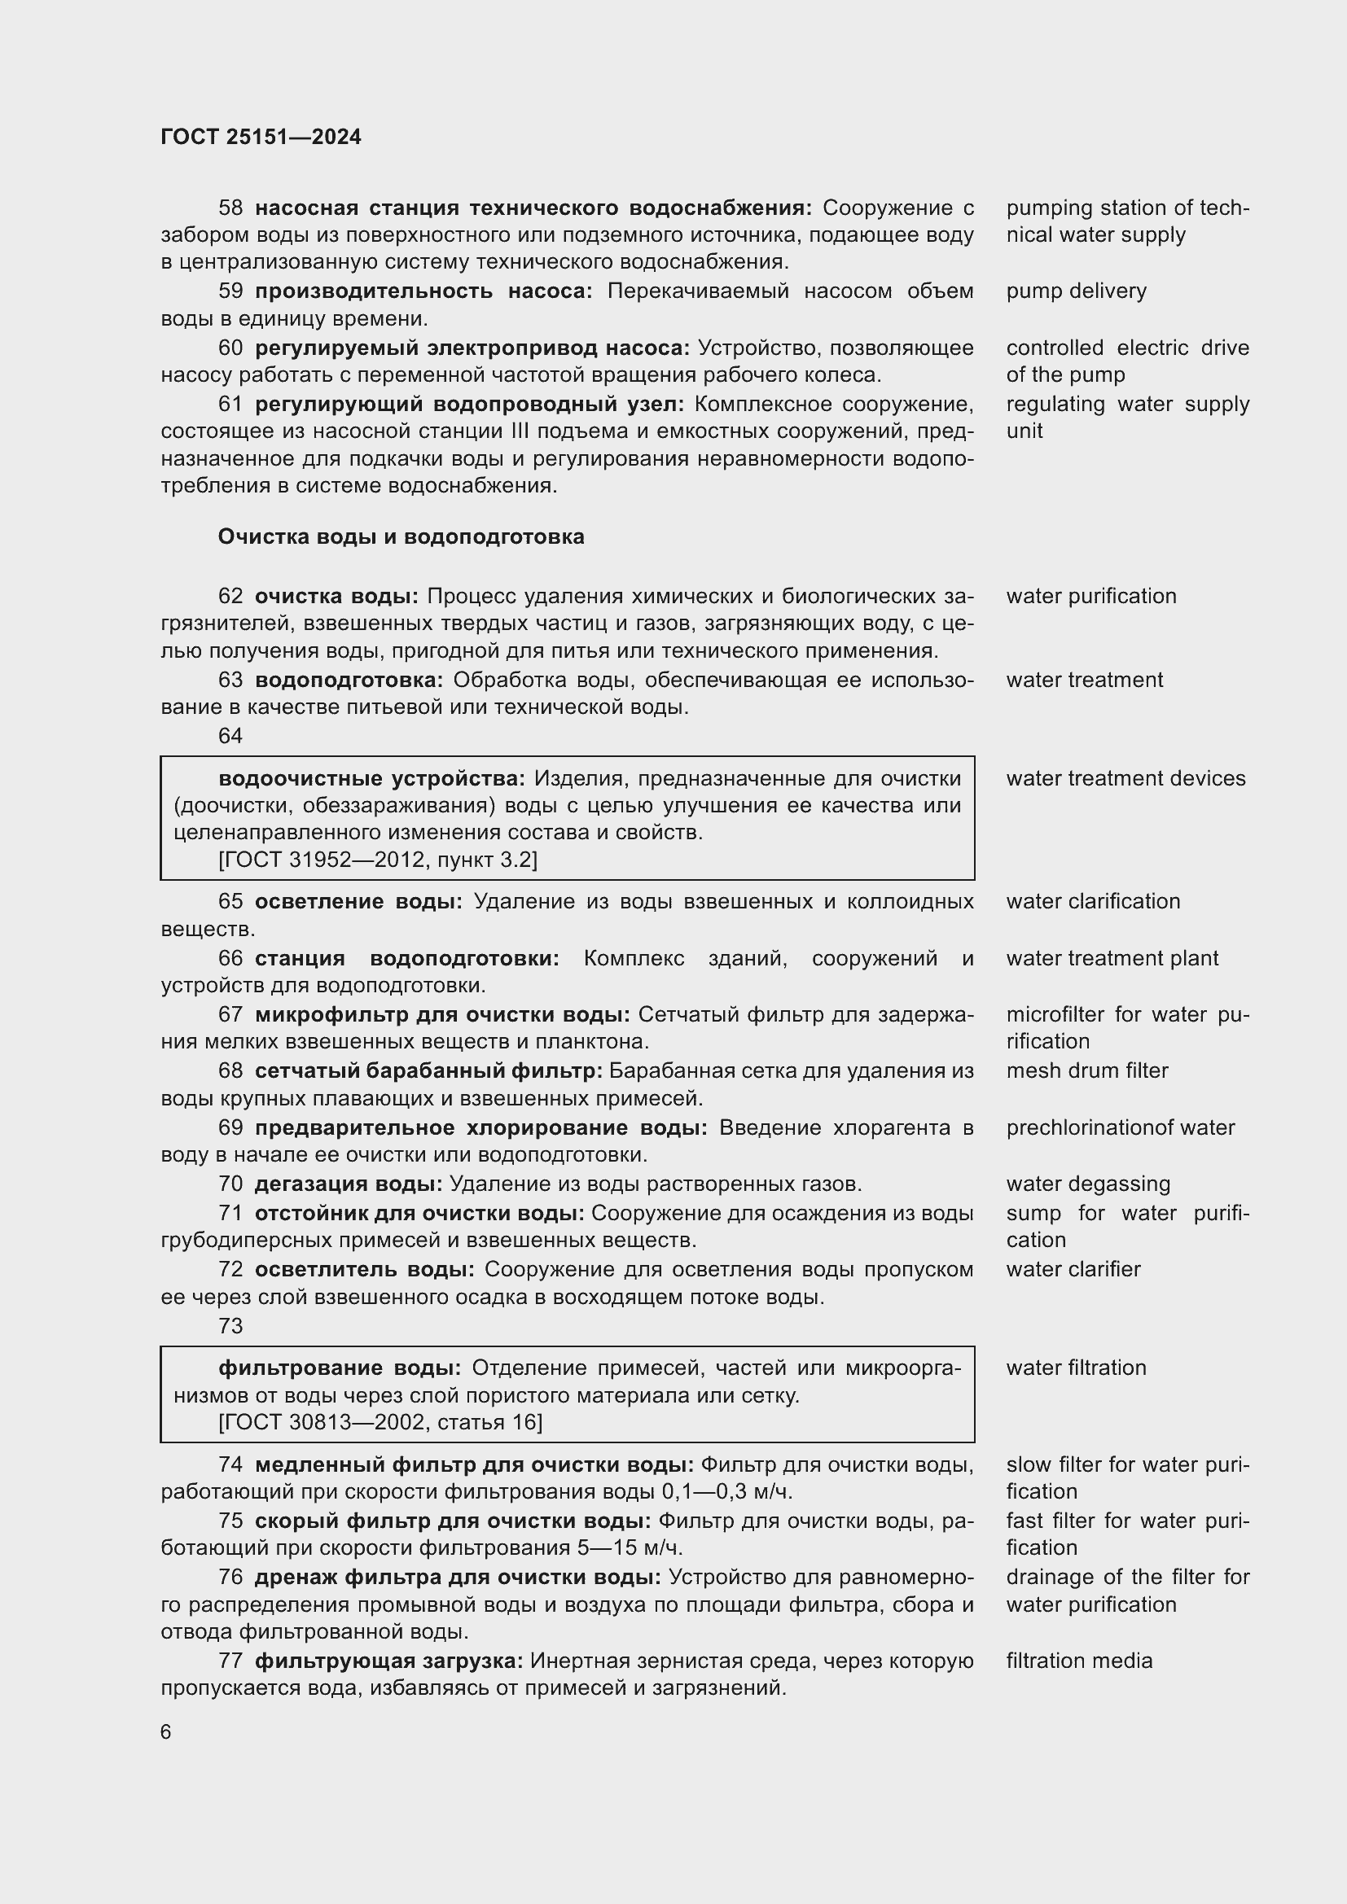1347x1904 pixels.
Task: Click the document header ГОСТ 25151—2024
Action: pos(261,137)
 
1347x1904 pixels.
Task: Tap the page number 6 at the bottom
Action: pos(166,1732)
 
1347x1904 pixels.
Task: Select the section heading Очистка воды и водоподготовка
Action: pos(401,536)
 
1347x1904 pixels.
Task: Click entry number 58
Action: pos(230,208)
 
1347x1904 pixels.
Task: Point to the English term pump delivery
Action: pos(1076,291)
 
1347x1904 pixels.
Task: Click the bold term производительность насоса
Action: pos(423,291)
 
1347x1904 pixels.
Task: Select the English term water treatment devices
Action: pos(1125,779)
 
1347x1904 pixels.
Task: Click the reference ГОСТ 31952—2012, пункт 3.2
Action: pos(378,860)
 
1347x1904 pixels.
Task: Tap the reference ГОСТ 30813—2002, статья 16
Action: pos(380,1423)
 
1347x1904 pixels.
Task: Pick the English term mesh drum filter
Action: pos(1086,1070)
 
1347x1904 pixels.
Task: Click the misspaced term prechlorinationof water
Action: pos(1121,1127)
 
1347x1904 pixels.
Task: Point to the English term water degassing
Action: pos(1088,1184)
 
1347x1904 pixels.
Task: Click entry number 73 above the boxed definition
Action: pos(230,1326)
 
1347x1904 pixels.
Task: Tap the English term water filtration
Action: pos(1076,1368)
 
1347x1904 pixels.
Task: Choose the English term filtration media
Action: pos(1079,1661)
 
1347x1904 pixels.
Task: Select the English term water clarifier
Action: pos(1073,1270)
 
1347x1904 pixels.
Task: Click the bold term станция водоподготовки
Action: pos(406,959)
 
